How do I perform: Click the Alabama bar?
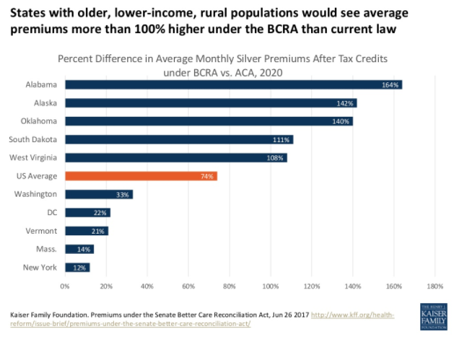coord(233,84)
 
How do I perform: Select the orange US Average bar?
coord(141,175)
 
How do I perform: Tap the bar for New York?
coord(77,268)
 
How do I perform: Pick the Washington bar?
coord(99,194)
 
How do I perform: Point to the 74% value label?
coord(206,176)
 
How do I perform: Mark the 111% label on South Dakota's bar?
coord(282,139)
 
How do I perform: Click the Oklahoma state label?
coord(39,120)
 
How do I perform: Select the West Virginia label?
coord(34,157)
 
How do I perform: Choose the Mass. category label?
coord(46,249)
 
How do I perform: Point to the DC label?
coord(52,212)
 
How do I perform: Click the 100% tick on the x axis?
coord(271,286)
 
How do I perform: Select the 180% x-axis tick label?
coord(435,286)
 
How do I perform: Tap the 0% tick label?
coord(65,286)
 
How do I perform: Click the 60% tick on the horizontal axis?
coord(188,286)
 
